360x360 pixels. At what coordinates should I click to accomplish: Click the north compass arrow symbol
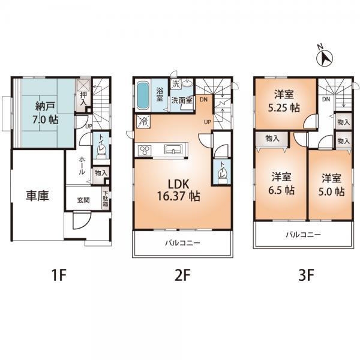pyautogui.click(x=325, y=57)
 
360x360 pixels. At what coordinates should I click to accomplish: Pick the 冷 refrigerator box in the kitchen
pyautogui.click(x=143, y=121)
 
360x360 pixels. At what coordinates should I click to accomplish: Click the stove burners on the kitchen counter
pyautogui.click(x=144, y=150)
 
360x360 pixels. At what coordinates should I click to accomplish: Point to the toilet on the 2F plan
pyautogui.click(x=222, y=173)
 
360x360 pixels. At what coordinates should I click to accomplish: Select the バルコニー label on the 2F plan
pyautogui.click(x=183, y=244)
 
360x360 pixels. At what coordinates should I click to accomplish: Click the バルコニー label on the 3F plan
pyautogui.click(x=303, y=235)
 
